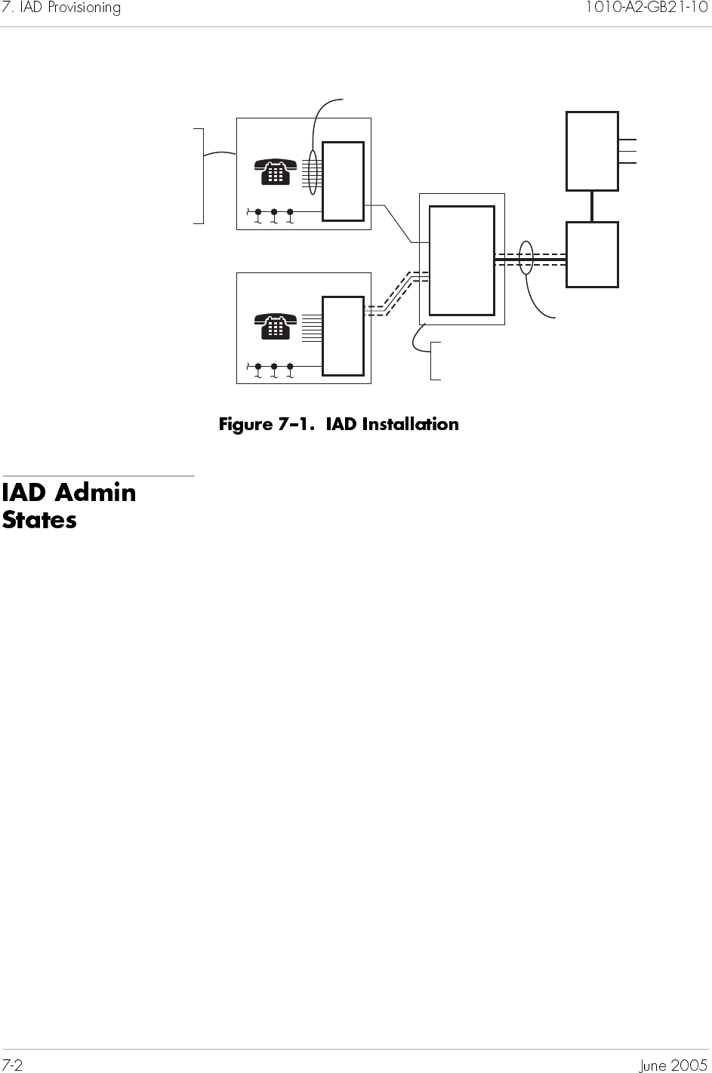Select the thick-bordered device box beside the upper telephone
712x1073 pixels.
343,181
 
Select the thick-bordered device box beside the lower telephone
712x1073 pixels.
343,336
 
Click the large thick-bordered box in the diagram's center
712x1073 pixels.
461,260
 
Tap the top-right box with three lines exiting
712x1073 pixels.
592,151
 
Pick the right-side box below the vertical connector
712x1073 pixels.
592,254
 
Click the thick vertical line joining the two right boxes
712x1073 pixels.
592,206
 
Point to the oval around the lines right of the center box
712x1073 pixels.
527,258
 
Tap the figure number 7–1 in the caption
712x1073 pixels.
300,424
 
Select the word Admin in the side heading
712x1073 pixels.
96,493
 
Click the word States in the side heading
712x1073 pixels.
39,520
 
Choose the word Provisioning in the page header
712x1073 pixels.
82,8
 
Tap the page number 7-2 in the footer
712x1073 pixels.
13,1065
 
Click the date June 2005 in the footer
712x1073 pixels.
673,1065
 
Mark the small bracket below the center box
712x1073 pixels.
433,361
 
